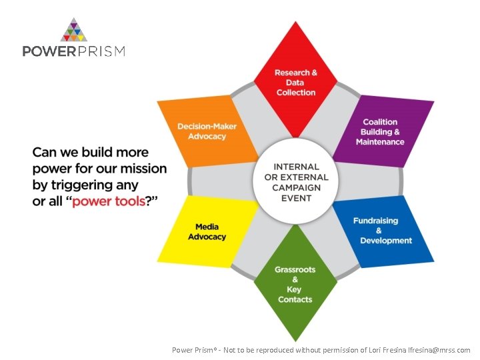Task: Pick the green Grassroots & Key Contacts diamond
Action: (295, 285)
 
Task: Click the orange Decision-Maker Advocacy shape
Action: (207, 131)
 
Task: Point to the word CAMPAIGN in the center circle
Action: (296, 188)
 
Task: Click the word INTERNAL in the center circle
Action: (296, 167)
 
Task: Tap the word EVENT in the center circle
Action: (296, 199)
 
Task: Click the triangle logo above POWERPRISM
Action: (74, 31)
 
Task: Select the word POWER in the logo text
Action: (47, 51)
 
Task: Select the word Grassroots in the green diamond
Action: (295, 270)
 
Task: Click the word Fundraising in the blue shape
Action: (375, 221)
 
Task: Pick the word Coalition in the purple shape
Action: (380, 122)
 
